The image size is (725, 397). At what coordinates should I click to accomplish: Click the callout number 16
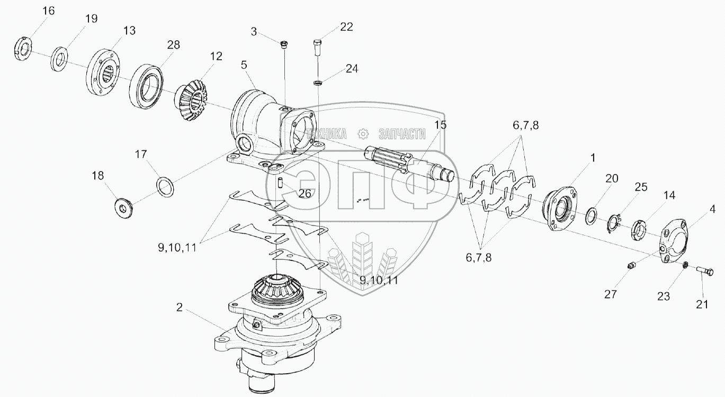pos(48,11)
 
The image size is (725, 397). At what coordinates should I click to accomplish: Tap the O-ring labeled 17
pos(165,187)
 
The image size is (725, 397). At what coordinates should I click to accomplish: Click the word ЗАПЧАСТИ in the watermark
pos(402,133)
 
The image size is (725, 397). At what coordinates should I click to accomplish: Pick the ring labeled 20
pos(592,215)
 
